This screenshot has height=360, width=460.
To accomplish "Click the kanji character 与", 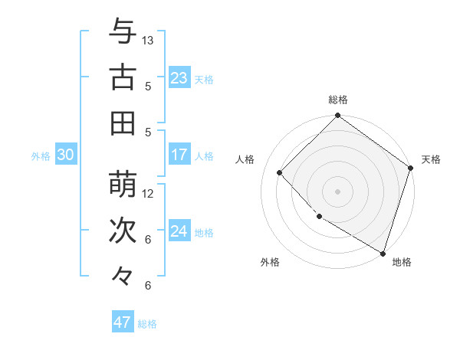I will tap(123, 32).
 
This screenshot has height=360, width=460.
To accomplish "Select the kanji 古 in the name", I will tap(123, 77).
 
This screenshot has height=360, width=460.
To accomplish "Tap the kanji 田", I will tap(123, 123).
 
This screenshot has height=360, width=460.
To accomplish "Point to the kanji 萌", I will tap(123, 185).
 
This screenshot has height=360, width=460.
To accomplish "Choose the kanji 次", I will tap(123, 230).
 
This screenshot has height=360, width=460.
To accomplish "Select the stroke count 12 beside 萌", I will tap(148, 193).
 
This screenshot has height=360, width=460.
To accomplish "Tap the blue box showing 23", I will tap(179, 78).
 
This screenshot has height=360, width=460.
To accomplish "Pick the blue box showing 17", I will tap(179, 155).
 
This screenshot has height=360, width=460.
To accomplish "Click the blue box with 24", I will tap(179, 231).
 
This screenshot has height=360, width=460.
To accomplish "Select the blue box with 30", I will tap(65, 155).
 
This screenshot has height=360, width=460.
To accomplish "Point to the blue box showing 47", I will tap(123, 322).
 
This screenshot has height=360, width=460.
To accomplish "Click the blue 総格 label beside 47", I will tap(147, 324).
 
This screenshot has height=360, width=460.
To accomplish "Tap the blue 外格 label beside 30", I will tap(41, 156).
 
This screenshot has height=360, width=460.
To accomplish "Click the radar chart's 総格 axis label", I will tap(338, 100).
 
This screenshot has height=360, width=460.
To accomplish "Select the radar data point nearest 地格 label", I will tap(382, 252).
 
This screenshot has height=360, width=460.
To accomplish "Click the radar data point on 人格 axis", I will tap(280, 172).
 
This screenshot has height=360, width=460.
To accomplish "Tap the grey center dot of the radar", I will tap(338, 191).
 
